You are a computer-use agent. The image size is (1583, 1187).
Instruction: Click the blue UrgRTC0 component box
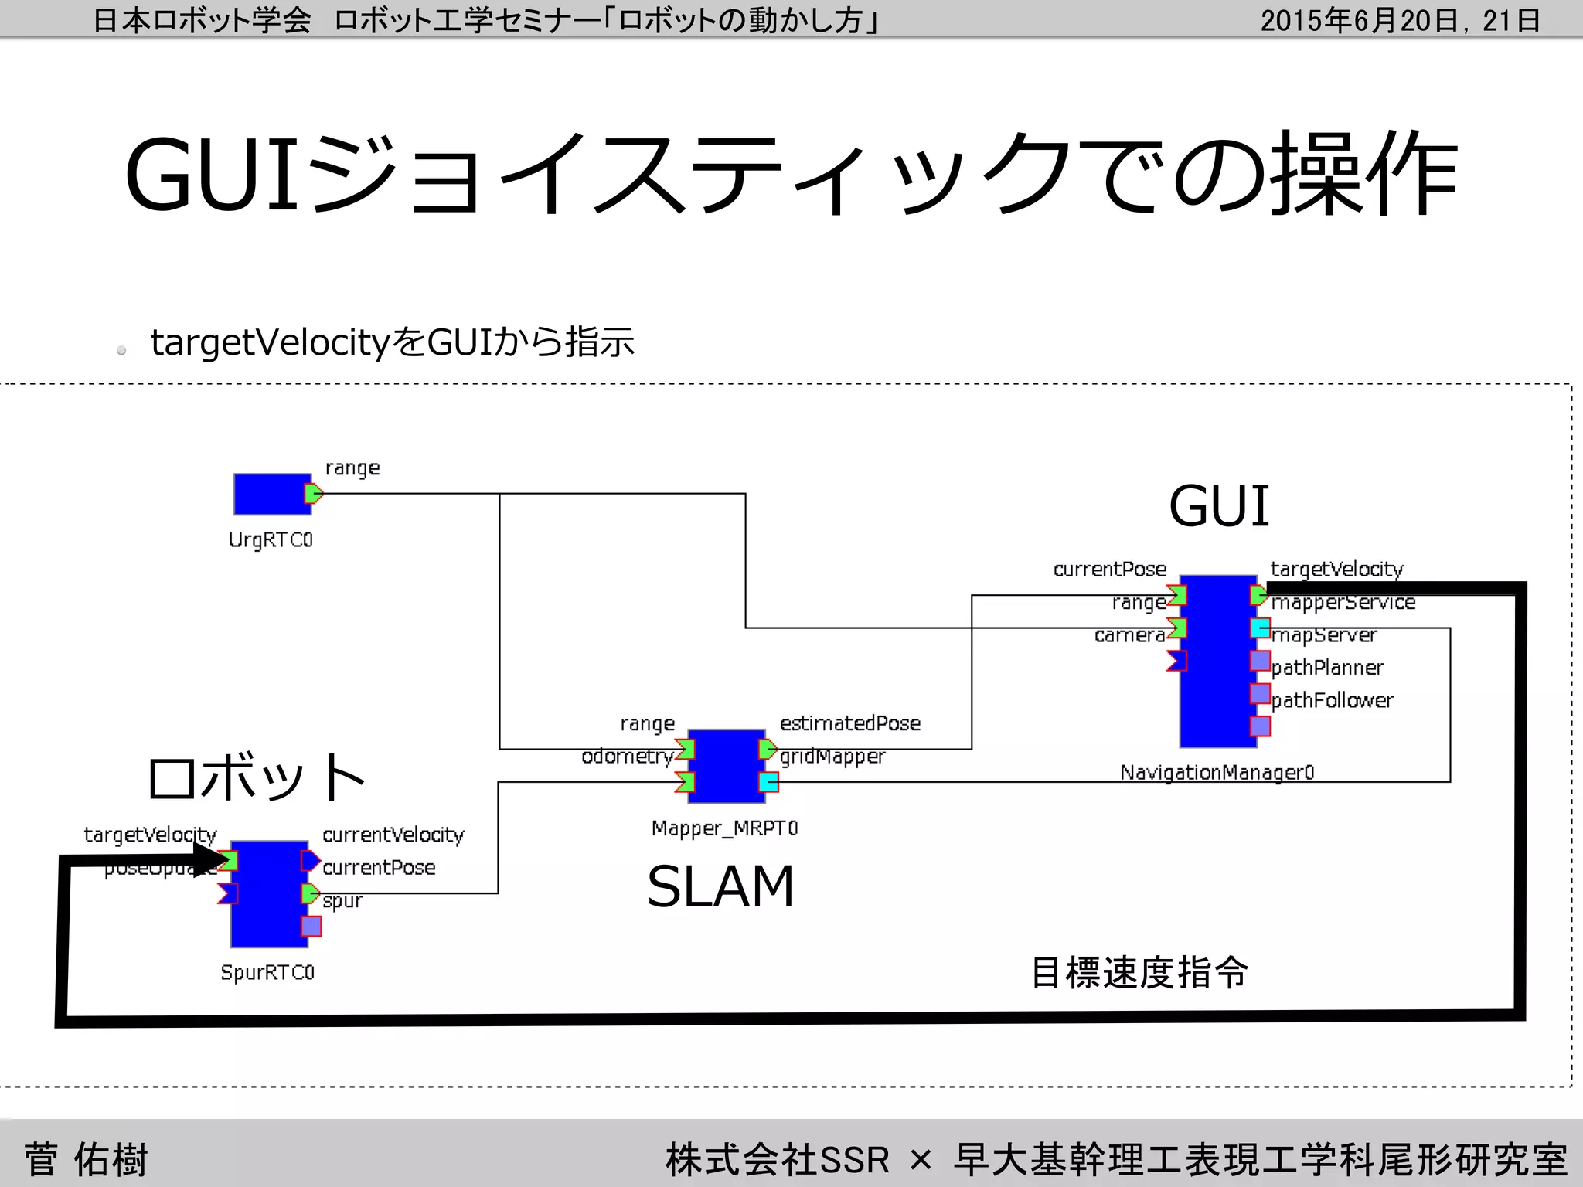(272, 495)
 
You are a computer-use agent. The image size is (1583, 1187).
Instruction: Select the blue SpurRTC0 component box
(269, 894)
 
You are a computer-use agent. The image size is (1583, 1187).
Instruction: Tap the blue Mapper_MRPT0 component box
(726, 766)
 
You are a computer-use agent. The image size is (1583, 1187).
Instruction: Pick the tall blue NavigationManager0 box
(1217, 662)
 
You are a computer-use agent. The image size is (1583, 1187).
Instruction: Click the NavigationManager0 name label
(1217, 772)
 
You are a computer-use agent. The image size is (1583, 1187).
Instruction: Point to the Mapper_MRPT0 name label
(724, 828)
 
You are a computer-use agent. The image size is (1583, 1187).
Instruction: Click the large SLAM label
(720, 886)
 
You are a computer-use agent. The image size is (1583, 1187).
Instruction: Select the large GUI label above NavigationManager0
(1219, 506)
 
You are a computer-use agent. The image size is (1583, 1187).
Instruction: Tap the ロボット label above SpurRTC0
(256, 777)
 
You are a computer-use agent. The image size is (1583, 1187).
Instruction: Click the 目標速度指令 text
(1139, 972)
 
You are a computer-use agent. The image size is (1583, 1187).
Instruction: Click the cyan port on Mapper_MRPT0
(768, 782)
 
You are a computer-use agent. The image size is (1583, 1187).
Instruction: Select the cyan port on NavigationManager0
(1260, 628)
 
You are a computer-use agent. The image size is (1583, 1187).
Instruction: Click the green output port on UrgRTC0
(313, 494)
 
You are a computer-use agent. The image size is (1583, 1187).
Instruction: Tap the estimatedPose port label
(849, 723)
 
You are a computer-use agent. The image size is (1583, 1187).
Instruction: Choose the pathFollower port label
(1332, 700)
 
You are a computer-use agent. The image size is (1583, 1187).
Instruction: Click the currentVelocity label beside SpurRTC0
(393, 835)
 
